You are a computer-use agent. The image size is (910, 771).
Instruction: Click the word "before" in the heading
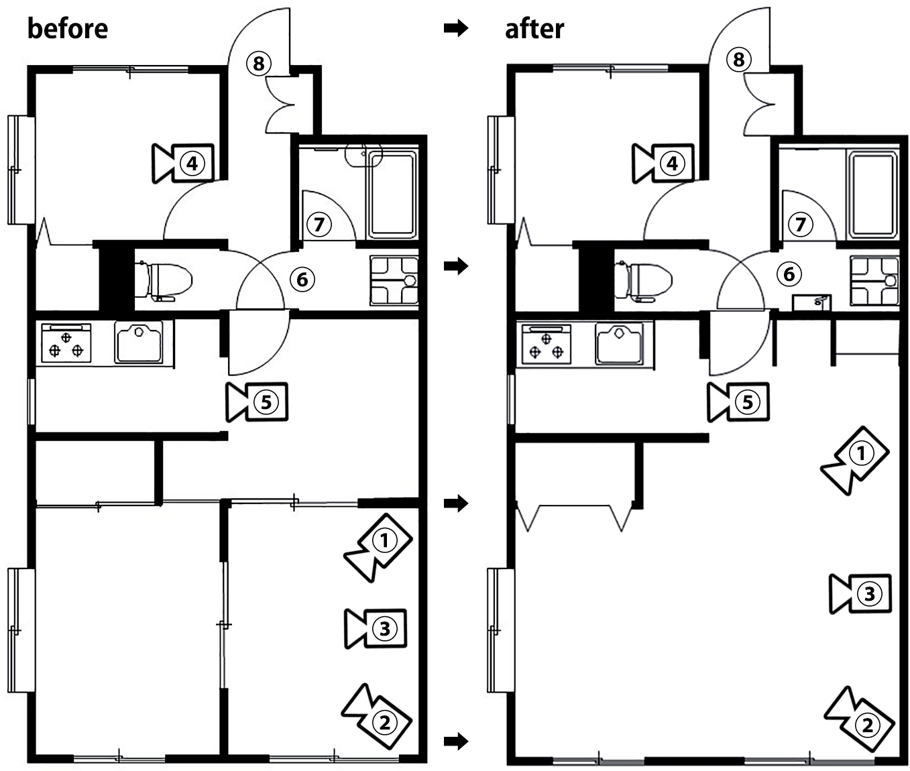[68, 29]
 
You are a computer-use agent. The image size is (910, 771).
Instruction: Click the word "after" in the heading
[534, 29]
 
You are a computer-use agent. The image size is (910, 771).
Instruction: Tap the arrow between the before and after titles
[456, 29]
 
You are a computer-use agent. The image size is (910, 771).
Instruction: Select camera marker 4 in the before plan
[183, 164]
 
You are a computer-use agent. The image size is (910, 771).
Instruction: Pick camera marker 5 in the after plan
[738, 402]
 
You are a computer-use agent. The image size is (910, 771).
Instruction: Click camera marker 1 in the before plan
[378, 547]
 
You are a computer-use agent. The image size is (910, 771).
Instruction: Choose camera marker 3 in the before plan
[376, 629]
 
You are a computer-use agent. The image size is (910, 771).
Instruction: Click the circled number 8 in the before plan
[258, 64]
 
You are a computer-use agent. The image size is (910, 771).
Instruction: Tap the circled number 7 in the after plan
[800, 225]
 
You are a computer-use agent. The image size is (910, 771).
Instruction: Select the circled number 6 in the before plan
[302, 280]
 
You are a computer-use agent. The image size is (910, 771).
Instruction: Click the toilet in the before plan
[164, 281]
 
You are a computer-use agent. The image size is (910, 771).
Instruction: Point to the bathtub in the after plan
[872, 195]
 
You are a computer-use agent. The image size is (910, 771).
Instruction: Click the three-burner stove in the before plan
[66, 343]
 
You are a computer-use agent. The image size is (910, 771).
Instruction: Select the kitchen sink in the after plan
[619, 344]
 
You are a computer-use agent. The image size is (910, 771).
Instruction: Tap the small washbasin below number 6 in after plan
[812, 303]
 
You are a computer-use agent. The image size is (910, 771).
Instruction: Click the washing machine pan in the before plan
[394, 281]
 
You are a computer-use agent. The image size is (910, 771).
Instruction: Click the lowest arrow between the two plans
[456, 742]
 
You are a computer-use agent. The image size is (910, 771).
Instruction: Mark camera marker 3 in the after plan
[860, 594]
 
